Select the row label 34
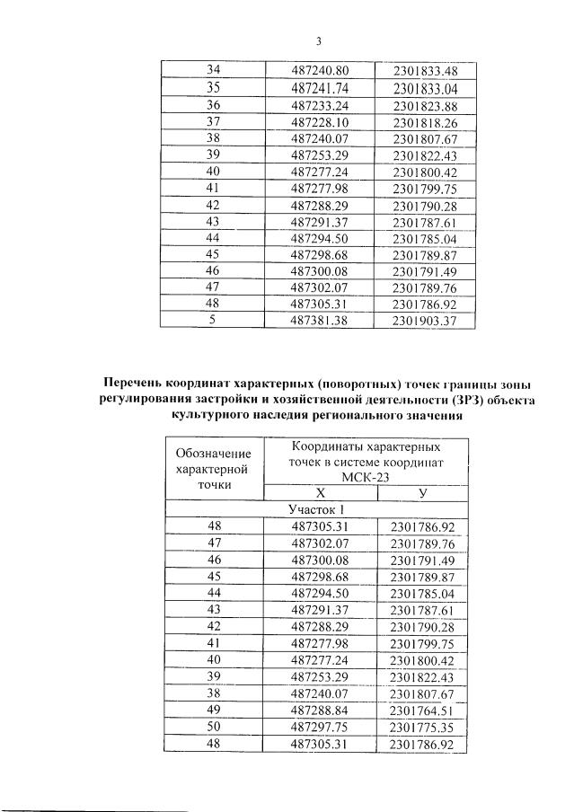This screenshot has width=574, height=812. click(213, 71)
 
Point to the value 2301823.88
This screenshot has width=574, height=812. click(425, 105)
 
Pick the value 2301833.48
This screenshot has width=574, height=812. click(425, 71)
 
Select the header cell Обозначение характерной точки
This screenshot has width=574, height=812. click(214, 468)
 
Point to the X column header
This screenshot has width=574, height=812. click(320, 493)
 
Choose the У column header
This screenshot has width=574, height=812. click(423, 493)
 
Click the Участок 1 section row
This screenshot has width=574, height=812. click(319, 509)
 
